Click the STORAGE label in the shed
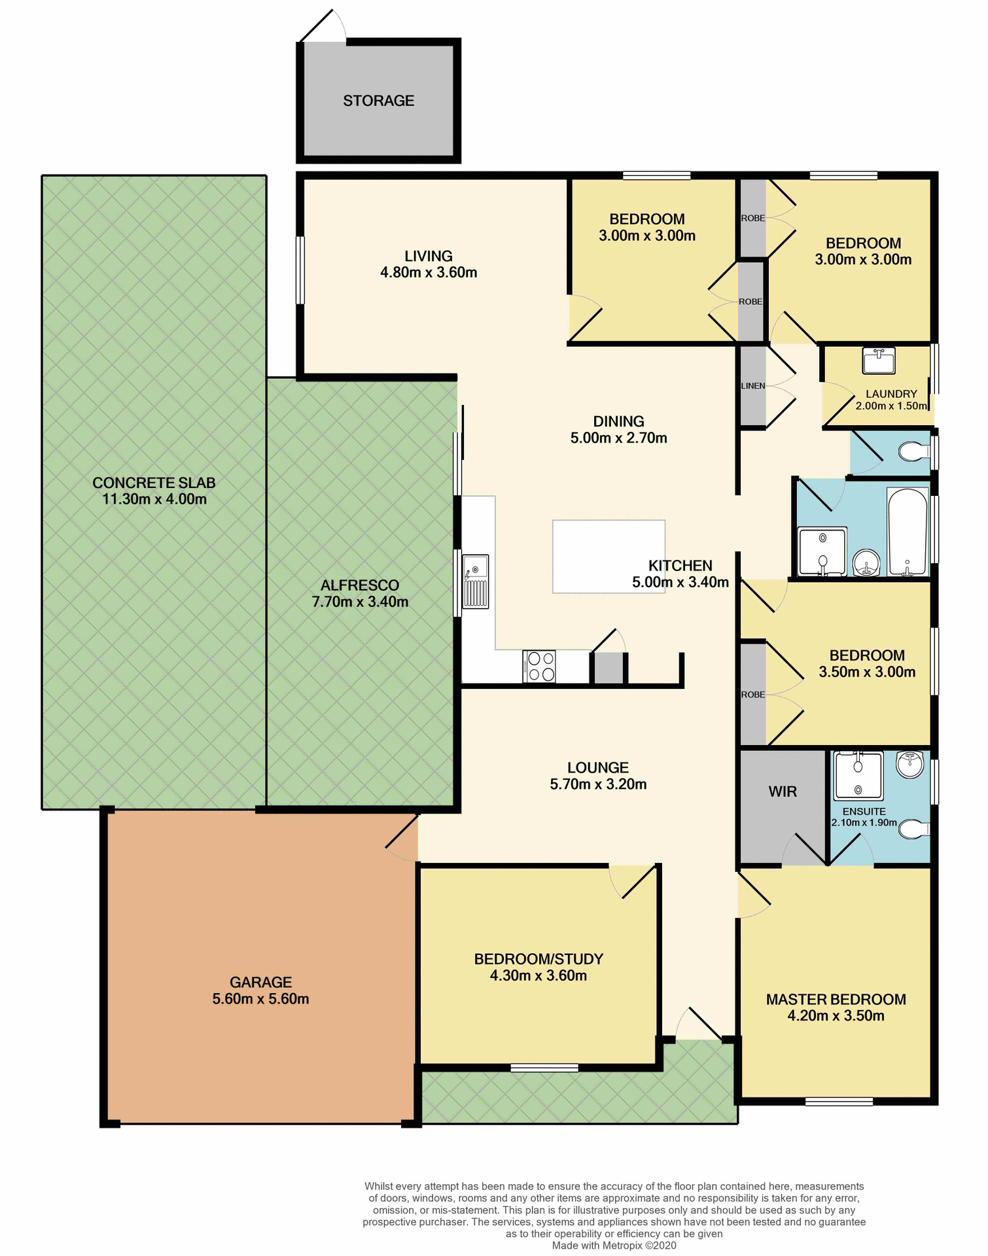pos(378,101)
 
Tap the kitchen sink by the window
pos(475,582)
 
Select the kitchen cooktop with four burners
pos(539,667)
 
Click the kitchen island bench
pos(608,556)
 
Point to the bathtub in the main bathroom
pos(907,532)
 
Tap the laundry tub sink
pos(878,360)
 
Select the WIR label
pos(782,792)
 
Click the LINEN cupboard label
pos(752,386)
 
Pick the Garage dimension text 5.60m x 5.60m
pos(260,999)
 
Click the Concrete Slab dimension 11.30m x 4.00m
pos(154,499)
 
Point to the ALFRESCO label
pos(360,585)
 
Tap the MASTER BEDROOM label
pos(836,999)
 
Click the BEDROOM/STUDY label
pos(538,959)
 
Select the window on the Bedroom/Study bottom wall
pos(544,1068)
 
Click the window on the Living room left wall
pos(300,270)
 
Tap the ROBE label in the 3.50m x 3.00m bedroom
pos(752,695)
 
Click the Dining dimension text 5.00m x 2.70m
pos(618,438)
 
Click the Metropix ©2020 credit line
pos(614,1246)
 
